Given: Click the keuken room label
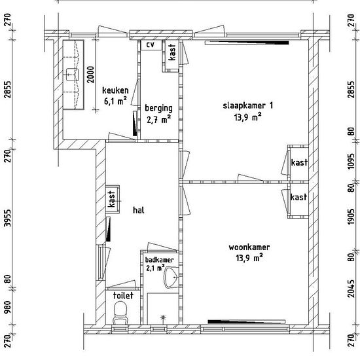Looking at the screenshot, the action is (115, 90).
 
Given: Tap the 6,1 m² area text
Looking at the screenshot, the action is (115, 101).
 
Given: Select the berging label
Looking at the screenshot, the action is (158, 109).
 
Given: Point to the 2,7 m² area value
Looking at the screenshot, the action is (158, 119).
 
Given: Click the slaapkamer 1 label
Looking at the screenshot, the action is (248, 106).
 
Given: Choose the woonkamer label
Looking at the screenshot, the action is (249, 247).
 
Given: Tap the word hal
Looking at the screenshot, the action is (139, 210).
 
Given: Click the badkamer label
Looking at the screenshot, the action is (159, 260).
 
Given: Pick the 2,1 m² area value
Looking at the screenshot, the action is (155, 268).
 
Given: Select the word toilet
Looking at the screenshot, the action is (123, 295).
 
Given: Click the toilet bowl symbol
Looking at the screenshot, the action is (120, 313).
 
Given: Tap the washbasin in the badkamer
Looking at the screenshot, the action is (171, 278).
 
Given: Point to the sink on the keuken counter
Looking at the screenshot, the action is (73, 75).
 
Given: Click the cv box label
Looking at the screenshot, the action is (151, 45).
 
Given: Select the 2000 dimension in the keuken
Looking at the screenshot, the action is (91, 75).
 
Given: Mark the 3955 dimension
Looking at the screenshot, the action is (8, 218).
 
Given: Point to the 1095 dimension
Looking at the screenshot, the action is (351, 161).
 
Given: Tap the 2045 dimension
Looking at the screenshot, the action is (351, 289).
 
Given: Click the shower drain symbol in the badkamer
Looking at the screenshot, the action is (163, 317).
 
